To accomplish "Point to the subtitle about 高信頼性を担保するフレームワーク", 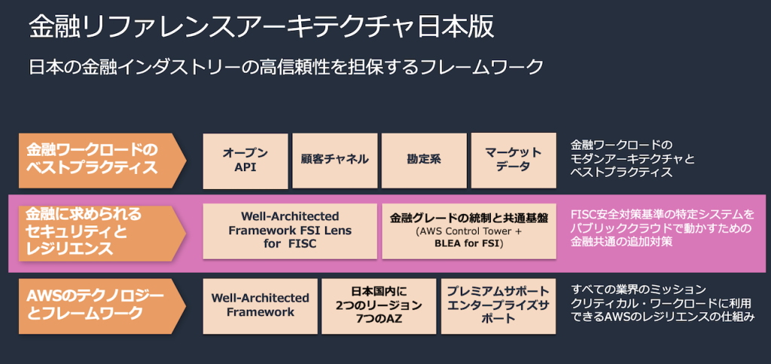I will pyautogui.click(x=286, y=68).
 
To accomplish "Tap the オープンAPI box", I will pyautogui.click(x=245, y=161).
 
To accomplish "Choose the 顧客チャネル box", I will pyautogui.click(x=334, y=160).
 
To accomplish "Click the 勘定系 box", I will pyautogui.click(x=424, y=160).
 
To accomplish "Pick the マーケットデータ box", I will pyautogui.click(x=513, y=160).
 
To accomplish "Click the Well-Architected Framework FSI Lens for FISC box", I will pyautogui.click(x=290, y=231).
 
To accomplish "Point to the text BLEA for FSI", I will pyautogui.click(x=469, y=244).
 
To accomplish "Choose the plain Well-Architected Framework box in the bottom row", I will pyautogui.click(x=261, y=305).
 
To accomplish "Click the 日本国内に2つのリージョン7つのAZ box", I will pyautogui.click(x=379, y=305).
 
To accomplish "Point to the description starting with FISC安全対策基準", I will pyautogui.click(x=663, y=229).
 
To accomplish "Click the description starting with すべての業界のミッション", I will pyautogui.click(x=663, y=304).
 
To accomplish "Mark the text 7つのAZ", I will pyautogui.click(x=379, y=319).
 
